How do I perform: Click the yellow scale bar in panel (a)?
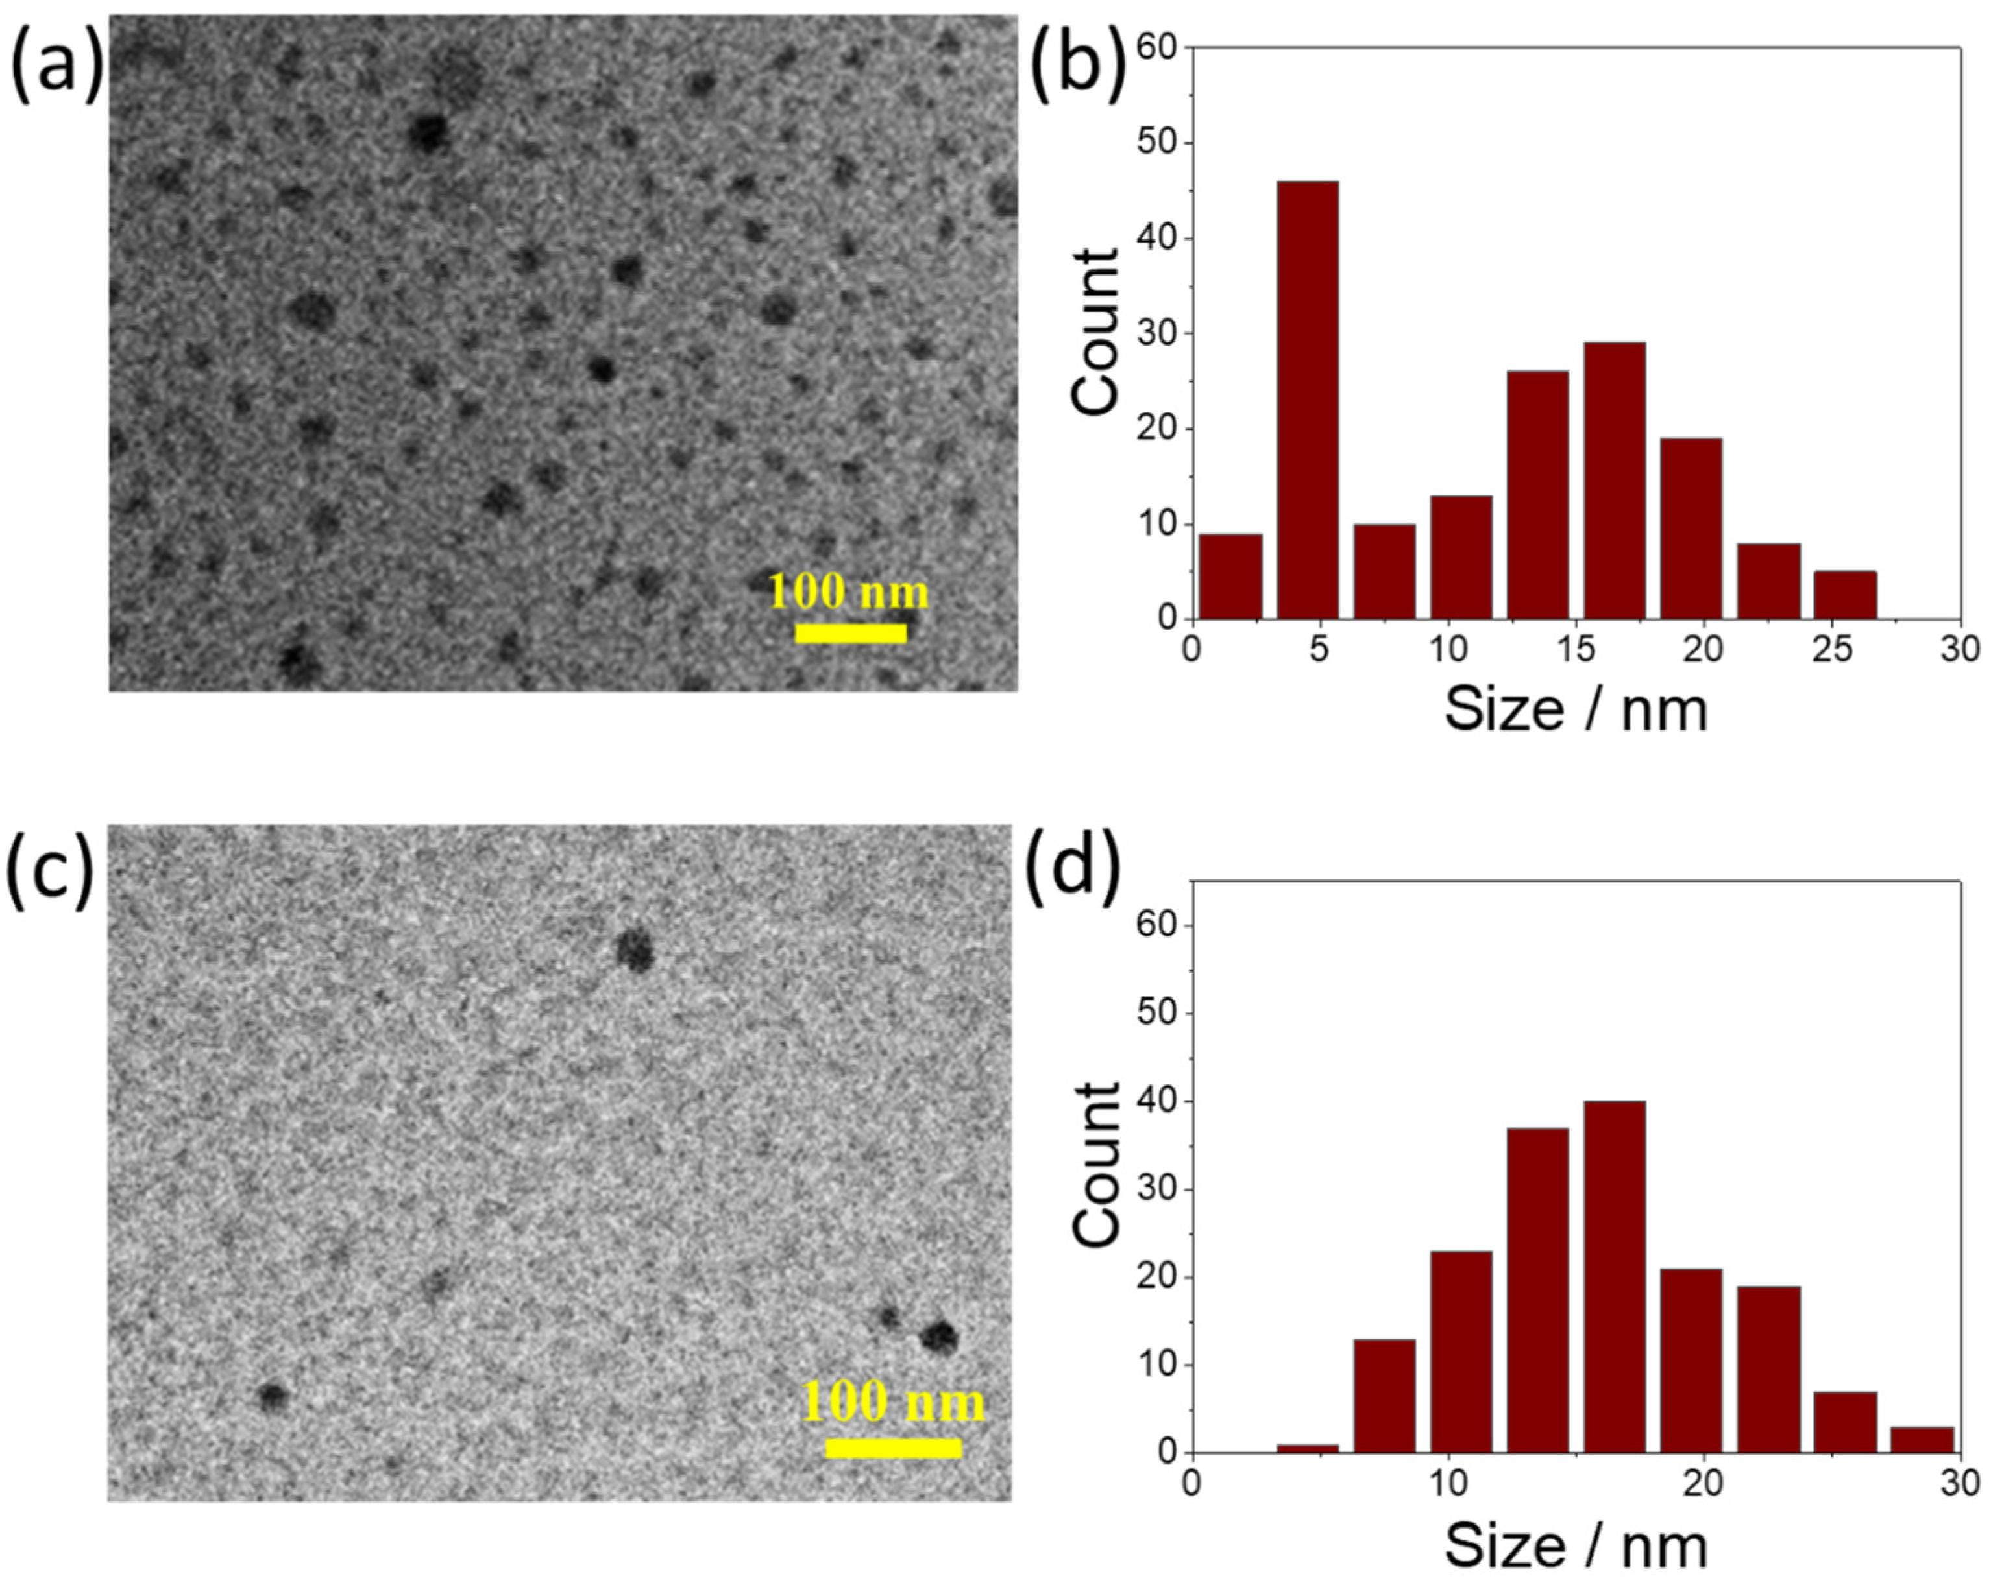(851, 633)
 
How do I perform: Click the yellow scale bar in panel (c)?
(893, 1448)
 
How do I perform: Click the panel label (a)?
(55, 65)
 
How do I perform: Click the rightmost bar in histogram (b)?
(1844, 595)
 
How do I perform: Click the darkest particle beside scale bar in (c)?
(939, 1337)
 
